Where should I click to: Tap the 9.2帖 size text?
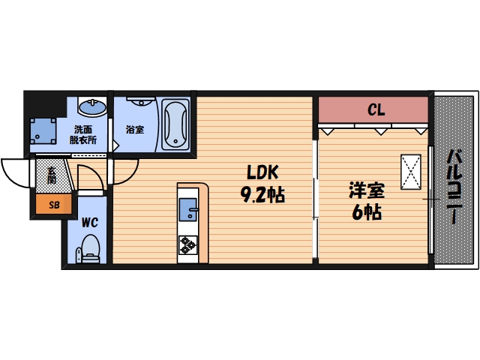(x=262, y=195)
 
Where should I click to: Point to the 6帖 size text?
(x=367, y=212)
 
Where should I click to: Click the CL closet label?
(x=376, y=110)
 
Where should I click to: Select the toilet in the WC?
(x=91, y=247)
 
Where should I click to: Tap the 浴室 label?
(x=135, y=128)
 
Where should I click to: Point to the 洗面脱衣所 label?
(x=83, y=133)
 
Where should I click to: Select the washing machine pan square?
(x=43, y=132)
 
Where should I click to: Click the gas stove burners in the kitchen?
(x=187, y=244)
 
